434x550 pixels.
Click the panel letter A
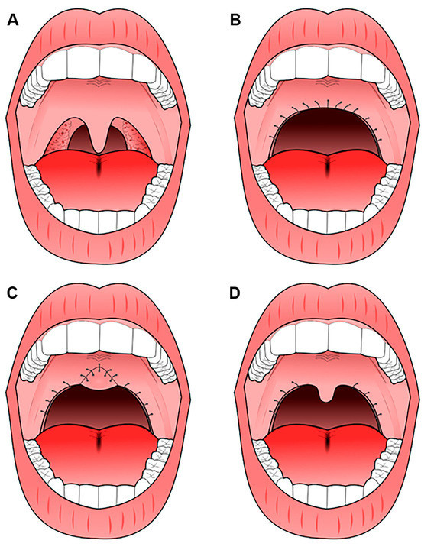(x=13, y=20)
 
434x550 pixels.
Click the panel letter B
(x=235, y=20)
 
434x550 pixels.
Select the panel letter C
(x=12, y=293)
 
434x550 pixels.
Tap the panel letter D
(x=235, y=293)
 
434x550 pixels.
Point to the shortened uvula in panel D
(x=326, y=395)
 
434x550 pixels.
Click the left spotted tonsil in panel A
(x=63, y=138)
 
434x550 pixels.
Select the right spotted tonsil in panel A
(x=137, y=137)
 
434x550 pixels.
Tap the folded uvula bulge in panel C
(x=100, y=383)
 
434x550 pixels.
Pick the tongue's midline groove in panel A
(x=99, y=166)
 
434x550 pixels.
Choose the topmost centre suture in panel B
(x=328, y=103)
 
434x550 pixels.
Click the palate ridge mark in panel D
(x=327, y=357)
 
